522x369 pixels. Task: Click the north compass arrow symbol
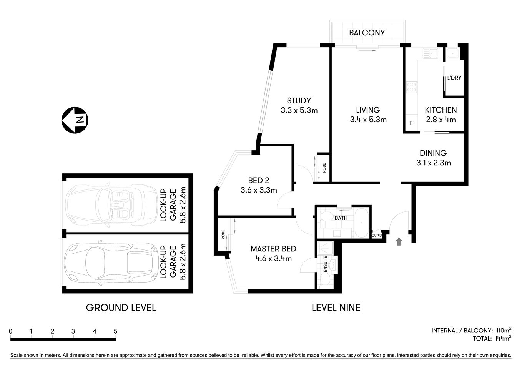pyautogui.click(x=75, y=120)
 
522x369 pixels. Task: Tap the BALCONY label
pyautogui.click(x=367, y=33)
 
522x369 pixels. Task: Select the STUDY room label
pyautogui.click(x=299, y=101)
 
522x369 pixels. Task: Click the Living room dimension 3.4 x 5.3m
pyautogui.click(x=368, y=120)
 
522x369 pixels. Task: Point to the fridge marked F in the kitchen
pyautogui.click(x=411, y=123)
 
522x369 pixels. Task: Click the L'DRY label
pyautogui.click(x=454, y=78)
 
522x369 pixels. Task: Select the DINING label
pyautogui.click(x=433, y=153)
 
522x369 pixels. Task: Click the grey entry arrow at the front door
pyautogui.click(x=399, y=241)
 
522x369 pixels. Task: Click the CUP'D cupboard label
pyautogui.click(x=377, y=236)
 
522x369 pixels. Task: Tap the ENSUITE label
pyautogui.click(x=325, y=264)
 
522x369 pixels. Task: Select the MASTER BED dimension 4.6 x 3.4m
pyautogui.click(x=273, y=258)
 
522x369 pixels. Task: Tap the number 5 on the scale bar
pyautogui.click(x=115, y=331)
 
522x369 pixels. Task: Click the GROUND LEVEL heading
pyautogui.click(x=121, y=307)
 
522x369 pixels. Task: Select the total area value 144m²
pyautogui.click(x=502, y=339)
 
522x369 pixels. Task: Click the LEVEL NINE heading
pyautogui.click(x=336, y=307)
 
